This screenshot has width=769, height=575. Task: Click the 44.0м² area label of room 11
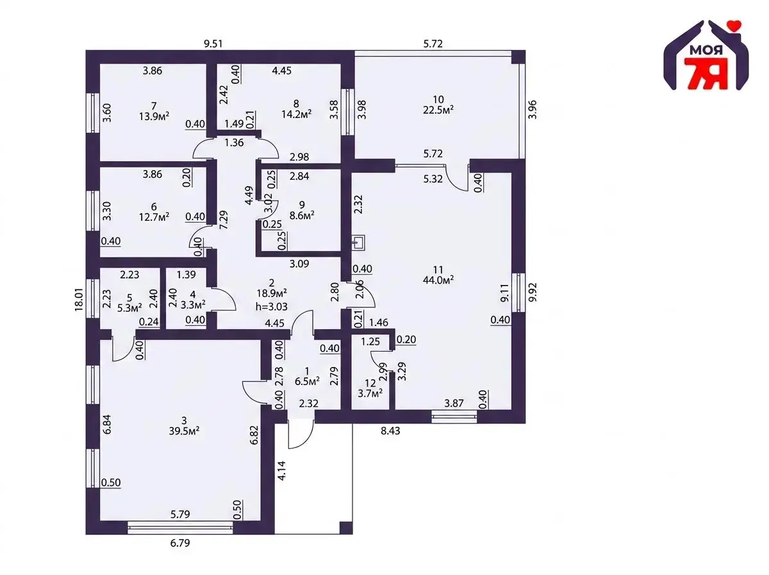(x=438, y=280)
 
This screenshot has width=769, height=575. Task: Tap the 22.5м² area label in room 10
(x=438, y=110)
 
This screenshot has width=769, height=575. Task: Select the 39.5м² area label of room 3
(x=185, y=431)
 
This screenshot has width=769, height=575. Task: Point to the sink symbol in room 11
(x=359, y=243)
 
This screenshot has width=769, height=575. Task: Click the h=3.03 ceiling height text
(x=272, y=307)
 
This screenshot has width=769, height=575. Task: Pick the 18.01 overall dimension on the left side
(x=79, y=299)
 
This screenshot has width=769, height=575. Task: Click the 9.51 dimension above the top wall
(x=213, y=44)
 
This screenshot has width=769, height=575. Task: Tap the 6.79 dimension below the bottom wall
(x=180, y=543)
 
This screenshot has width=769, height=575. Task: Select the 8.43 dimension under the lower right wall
(x=390, y=431)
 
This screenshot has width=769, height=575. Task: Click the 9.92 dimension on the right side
(x=533, y=293)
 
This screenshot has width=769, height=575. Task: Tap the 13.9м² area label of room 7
(x=154, y=116)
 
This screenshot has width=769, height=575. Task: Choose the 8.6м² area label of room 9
(x=302, y=215)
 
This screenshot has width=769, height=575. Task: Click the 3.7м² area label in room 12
(x=370, y=393)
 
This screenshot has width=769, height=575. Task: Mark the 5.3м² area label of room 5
(x=129, y=307)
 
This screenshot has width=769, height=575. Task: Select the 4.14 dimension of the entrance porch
(x=282, y=470)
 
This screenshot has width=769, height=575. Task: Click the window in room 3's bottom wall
(x=180, y=527)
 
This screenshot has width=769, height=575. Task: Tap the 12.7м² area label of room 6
(x=154, y=216)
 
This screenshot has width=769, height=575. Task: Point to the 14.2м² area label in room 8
(x=297, y=114)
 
